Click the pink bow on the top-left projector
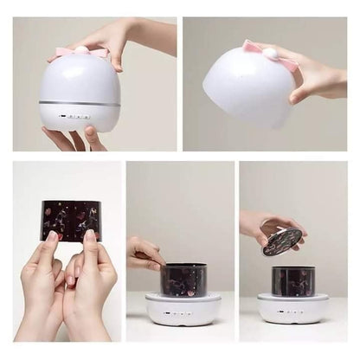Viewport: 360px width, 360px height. [65, 53]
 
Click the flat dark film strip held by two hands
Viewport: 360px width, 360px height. [71, 220]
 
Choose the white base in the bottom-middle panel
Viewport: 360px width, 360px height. [183, 310]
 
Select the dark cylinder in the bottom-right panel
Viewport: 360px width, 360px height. [292, 281]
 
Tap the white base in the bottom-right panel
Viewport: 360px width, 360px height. [292, 310]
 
